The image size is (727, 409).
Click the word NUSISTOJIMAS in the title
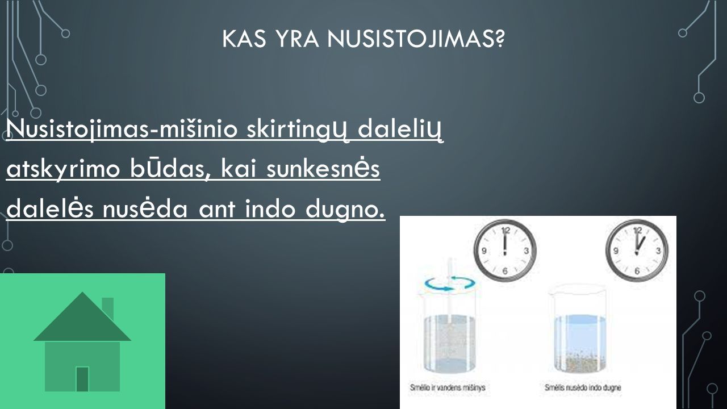[416, 39]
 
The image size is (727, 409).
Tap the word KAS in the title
[244, 39]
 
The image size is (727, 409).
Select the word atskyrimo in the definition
[63, 170]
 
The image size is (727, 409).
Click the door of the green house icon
[82, 379]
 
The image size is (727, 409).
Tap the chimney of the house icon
[108, 308]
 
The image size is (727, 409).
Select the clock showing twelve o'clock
[505, 251]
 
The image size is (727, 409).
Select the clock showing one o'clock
[637, 251]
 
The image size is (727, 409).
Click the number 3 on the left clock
[526, 251]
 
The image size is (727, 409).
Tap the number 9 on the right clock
[615, 251]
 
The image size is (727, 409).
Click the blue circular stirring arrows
[449, 283]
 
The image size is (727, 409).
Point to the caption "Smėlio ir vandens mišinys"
[447, 387]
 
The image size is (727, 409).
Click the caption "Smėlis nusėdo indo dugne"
[583, 387]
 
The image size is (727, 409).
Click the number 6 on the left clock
[505, 271]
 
